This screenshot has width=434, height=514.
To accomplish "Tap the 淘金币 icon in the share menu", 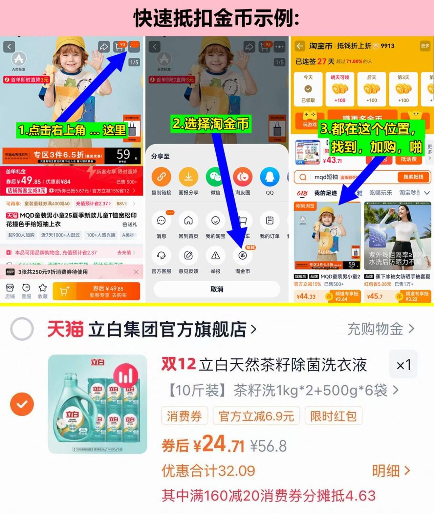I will pyautogui.click(x=242, y=256).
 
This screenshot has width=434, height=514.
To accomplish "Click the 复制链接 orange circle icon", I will pyautogui.click(x=161, y=177).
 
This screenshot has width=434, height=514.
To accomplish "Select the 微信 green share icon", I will pyautogui.click(x=215, y=177).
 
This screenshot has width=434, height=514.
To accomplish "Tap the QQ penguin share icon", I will pyautogui.click(x=270, y=177).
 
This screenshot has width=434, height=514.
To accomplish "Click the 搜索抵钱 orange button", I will pyautogui.click(x=413, y=177).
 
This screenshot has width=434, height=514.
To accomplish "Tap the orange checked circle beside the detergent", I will pyautogui.click(x=22, y=404).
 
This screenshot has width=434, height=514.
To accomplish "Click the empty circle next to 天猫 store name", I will pyautogui.click(x=22, y=328).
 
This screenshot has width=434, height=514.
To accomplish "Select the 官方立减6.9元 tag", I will pyautogui.click(x=256, y=416).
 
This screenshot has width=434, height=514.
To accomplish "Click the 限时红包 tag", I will pyautogui.click(x=333, y=416).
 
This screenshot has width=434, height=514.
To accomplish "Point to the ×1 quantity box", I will pyautogui.click(x=403, y=365).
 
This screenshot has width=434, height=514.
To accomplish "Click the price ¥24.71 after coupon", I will pyautogui.click(x=219, y=444).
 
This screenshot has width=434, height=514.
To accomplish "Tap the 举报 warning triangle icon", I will pyautogui.click(x=215, y=256).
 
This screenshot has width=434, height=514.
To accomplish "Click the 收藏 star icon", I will pyautogui.click(x=43, y=288).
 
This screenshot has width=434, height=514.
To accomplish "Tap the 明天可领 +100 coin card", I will pyautogui.click(x=340, y=89).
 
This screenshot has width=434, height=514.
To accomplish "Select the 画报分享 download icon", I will pyautogui.click(x=188, y=177).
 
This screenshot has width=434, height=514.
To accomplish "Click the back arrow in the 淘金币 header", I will pyautogui.click(x=300, y=46).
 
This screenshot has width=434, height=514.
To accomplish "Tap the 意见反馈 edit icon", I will pyautogui.click(x=188, y=256).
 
